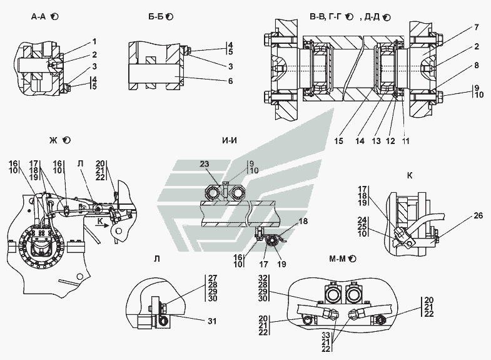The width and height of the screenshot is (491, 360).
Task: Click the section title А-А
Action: (x=39, y=17)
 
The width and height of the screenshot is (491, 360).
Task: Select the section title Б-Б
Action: (x=156, y=17)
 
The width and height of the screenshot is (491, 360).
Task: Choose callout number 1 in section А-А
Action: (x=94, y=41)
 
